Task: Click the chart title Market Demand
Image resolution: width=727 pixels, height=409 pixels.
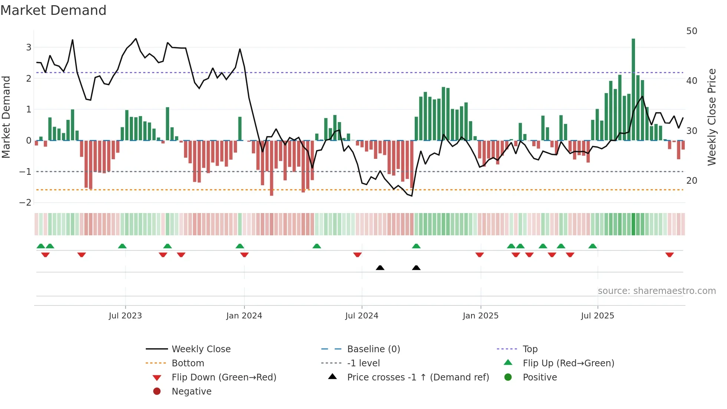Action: pyautogui.click(x=53, y=10)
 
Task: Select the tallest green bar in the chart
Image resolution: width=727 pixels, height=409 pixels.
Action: pyautogui.click(x=633, y=89)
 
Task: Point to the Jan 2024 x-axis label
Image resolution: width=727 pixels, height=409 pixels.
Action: pyautogui.click(x=244, y=316)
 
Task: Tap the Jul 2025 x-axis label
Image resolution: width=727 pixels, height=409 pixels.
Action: pyautogui.click(x=598, y=316)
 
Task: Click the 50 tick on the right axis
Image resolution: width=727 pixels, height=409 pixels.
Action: pyautogui.click(x=691, y=31)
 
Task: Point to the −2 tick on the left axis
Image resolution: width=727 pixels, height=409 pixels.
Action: pyautogui.click(x=25, y=203)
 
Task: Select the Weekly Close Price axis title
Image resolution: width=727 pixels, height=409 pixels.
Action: pyautogui.click(x=711, y=117)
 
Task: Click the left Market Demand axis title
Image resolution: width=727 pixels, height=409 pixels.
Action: pyautogui.click(x=6, y=117)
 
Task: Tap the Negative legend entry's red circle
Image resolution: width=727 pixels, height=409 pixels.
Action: pyautogui.click(x=157, y=392)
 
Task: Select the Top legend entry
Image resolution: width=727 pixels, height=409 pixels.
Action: pyautogui.click(x=530, y=349)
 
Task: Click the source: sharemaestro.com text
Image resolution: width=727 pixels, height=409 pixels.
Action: pyautogui.click(x=657, y=291)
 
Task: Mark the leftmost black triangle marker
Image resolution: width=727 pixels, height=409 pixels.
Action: pyautogui.click(x=380, y=268)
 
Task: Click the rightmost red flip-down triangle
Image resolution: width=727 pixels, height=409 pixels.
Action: pyautogui.click(x=670, y=255)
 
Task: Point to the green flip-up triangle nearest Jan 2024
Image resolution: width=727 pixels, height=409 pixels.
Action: pyautogui.click(x=240, y=246)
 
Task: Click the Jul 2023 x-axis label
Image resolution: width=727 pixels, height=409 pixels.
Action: pyautogui.click(x=125, y=316)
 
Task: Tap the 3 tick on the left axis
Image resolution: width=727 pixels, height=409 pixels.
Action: pyautogui.click(x=29, y=48)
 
